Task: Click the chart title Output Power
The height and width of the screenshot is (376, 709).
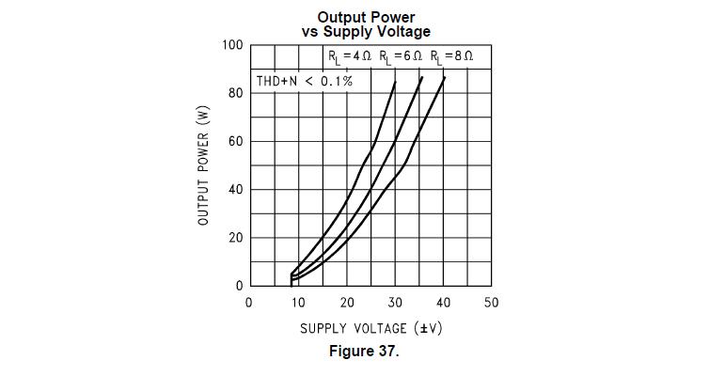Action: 366,17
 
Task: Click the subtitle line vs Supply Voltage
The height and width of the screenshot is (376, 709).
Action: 366,31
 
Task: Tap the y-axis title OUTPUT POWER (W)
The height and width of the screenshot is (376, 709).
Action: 203,165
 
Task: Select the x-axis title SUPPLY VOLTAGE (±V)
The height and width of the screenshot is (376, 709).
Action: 371,329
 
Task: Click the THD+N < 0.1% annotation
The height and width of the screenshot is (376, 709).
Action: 305,81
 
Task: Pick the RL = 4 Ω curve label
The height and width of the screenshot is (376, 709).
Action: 350,57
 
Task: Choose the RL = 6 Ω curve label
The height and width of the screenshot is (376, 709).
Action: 401,57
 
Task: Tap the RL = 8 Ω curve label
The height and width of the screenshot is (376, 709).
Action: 451,57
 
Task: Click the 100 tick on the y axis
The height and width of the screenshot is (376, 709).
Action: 232,45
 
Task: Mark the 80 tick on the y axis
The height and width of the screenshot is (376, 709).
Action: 235,93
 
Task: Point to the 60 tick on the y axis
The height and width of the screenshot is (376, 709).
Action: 235,142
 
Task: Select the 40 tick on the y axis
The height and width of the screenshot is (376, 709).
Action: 235,190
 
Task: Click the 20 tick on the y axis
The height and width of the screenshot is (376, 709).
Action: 235,238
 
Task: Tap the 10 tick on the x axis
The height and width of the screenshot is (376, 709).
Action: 298,303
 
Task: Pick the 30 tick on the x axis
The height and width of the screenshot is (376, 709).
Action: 395,303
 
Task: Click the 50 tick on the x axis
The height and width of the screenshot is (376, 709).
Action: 491,303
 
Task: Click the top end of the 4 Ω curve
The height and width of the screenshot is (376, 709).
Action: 395,82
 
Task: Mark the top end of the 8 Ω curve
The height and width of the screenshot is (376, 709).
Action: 444,78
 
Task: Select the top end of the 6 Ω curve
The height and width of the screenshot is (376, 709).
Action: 422,78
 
